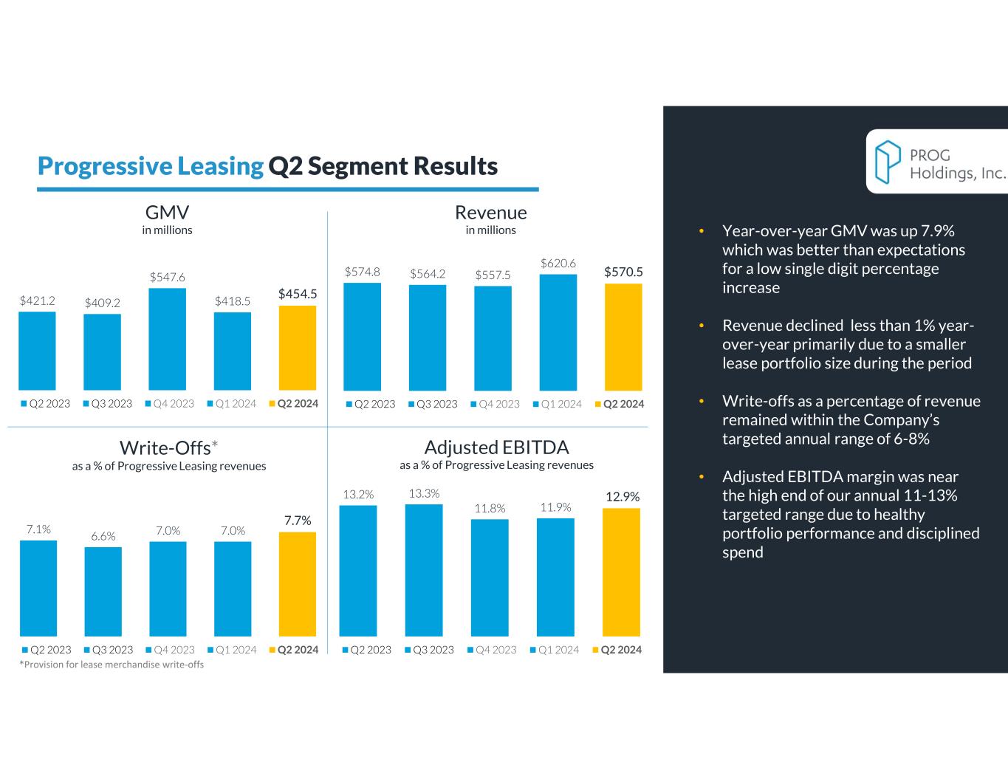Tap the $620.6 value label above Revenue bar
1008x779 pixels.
point(558,263)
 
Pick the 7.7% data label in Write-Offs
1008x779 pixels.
point(298,521)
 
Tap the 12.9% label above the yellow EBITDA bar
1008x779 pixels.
point(623,497)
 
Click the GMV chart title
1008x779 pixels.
point(168,213)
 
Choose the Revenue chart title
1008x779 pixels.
point(491,213)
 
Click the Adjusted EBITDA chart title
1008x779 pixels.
point(496,447)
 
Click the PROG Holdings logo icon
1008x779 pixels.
point(888,162)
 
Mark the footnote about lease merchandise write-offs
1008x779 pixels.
point(112,665)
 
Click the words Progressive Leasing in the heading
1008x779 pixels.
point(151,166)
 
